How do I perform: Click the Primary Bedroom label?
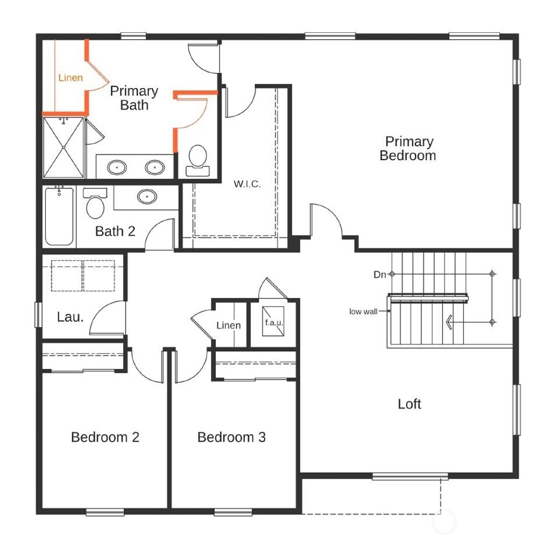click(408, 149)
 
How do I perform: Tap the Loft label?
click(409, 404)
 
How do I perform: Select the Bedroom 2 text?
click(105, 437)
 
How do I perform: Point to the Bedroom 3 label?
click(231, 437)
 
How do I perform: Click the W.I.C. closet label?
click(247, 184)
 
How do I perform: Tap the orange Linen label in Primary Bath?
click(70, 78)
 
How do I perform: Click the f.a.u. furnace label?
click(273, 323)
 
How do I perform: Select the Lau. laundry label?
click(70, 317)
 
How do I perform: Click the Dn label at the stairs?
click(380, 275)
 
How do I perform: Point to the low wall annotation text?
click(363, 312)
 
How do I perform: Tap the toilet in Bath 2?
click(96, 204)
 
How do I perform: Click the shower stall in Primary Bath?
click(63, 147)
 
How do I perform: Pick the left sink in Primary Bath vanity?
click(117, 168)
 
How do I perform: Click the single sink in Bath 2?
click(147, 197)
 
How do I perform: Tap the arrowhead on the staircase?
click(448, 322)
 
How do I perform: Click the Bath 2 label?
click(115, 232)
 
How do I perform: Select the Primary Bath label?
click(134, 98)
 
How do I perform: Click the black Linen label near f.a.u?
click(229, 326)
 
